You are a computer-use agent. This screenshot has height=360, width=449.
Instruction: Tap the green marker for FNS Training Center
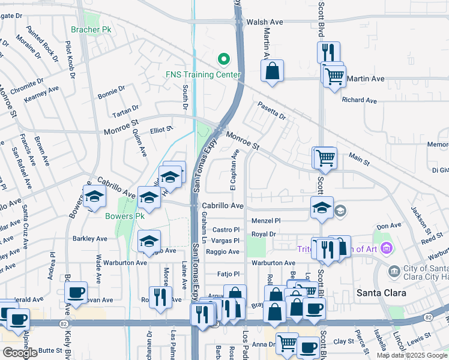[224, 59]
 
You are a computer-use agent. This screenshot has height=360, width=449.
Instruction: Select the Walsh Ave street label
[264, 22]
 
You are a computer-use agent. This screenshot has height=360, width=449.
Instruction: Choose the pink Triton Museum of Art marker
[386, 248]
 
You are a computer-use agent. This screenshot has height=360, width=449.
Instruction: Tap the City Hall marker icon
[394, 271]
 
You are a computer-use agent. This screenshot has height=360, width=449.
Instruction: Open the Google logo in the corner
[20, 353]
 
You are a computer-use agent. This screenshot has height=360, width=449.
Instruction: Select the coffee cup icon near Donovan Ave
[76, 292]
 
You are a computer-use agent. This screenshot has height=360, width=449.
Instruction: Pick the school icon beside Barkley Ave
[149, 241]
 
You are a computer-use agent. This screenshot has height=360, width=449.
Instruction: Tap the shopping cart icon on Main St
[325, 158]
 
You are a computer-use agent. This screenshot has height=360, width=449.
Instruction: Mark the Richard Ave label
[359, 100]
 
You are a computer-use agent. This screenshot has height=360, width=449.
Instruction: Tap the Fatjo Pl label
[228, 274]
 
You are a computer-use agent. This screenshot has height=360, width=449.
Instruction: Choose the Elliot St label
[161, 129]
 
